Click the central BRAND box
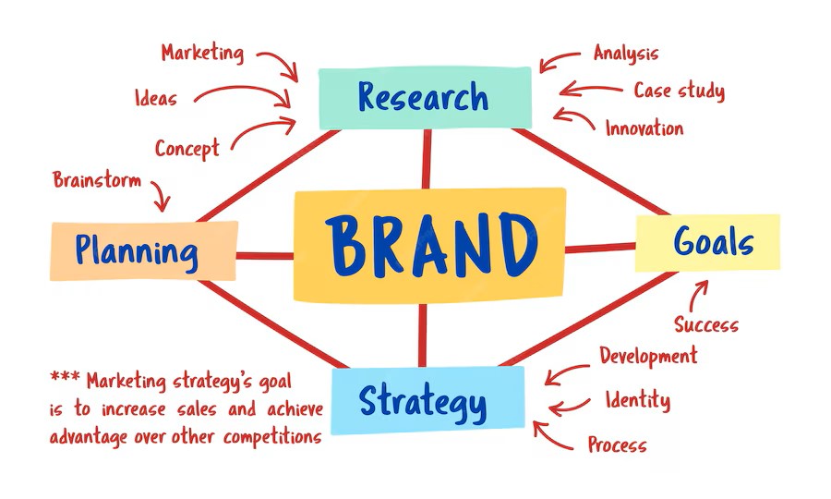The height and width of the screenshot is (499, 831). click(429, 246)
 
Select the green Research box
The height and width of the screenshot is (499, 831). click(425, 98)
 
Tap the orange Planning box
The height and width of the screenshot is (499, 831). click(144, 250)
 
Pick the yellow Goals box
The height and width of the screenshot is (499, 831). click(707, 243)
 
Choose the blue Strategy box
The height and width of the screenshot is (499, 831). click(428, 400)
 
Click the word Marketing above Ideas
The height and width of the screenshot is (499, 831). click(203, 53)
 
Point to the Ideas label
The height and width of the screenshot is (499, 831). click(156, 98)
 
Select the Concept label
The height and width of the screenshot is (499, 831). click(187, 149)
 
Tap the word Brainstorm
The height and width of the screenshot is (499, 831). click(97, 180)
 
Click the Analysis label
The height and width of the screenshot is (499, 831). click(626, 54)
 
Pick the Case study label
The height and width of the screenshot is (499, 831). click(680, 91)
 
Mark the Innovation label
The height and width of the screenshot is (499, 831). click(644, 128)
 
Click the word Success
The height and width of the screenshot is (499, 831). click(706, 324)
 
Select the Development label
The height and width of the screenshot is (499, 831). click(649, 355)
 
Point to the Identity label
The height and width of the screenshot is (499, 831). click(638, 399)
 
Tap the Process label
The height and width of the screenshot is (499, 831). click(618, 444)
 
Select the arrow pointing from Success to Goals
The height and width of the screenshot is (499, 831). click(697, 296)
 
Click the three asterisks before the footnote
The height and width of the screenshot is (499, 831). click(65, 377)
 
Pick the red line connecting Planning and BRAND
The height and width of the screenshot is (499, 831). click(265, 256)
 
